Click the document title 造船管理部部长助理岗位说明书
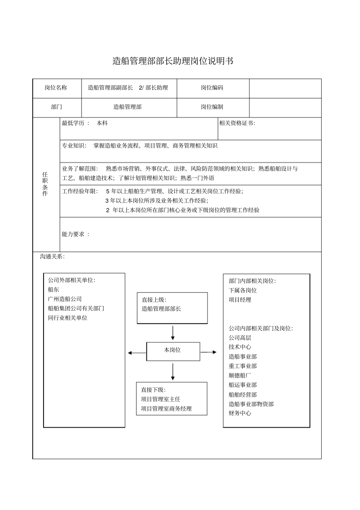[x=173, y=61]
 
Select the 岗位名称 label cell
[x=56, y=88]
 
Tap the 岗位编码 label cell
[x=212, y=88]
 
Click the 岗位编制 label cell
[x=212, y=107]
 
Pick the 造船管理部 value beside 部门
[x=127, y=107]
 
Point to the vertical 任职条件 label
[x=45, y=184]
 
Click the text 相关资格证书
[x=237, y=123]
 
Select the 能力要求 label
[x=75, y=234]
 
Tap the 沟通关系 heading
[x=52, y=257]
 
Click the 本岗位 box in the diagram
[x=172, y=350]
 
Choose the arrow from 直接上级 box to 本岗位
[x=173, y=333]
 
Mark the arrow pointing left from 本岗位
[x=136, y=353]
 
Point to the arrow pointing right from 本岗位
[x=208, y=353]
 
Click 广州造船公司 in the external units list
[x=65, y=299]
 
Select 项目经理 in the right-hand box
[x=240, y=300]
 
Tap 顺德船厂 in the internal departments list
[x=240, y=376]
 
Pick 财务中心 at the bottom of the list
[x=240, y=413]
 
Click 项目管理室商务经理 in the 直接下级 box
[x=166, y=409]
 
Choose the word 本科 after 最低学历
[x=102, y=123]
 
